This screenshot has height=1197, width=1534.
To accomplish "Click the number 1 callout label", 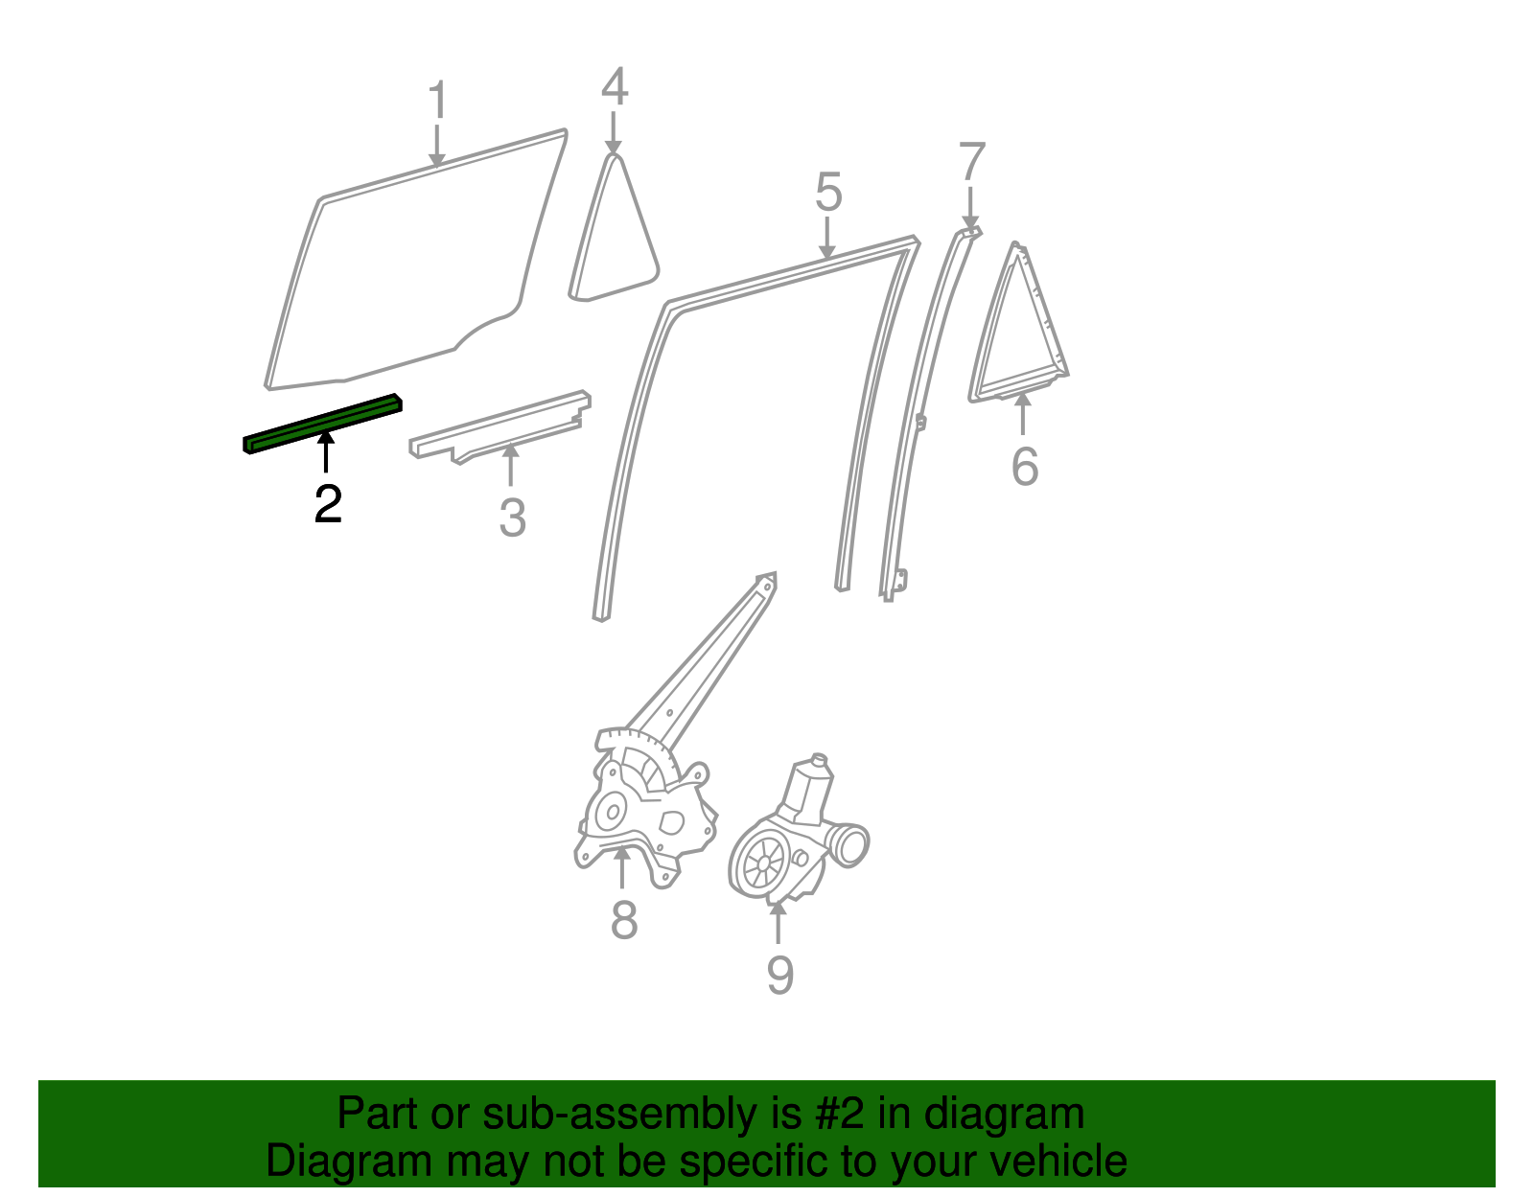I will [437, 101].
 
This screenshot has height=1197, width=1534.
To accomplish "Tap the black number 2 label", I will [328, 504].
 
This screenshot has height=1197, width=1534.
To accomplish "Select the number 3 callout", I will [512, 518].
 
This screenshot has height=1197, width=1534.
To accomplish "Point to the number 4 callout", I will [615, 87].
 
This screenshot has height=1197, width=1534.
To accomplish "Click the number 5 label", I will [828, 193].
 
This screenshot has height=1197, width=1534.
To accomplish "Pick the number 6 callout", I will [1024, 467].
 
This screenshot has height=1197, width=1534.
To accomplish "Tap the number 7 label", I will [971, 162].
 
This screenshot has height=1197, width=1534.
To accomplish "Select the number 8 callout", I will [623, 921].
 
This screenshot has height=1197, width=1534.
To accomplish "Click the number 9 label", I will [779, 976].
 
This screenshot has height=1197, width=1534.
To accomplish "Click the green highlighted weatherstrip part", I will [321, 423].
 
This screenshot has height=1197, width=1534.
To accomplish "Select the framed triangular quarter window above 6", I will [1018, 331].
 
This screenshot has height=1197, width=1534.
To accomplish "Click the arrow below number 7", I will [970, 208].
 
